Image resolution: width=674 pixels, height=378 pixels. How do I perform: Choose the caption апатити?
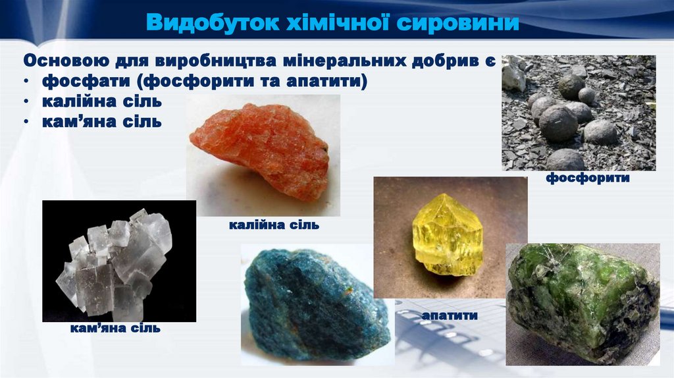coord(450,316)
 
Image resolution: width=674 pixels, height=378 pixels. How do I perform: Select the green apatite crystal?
coord(582,300)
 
